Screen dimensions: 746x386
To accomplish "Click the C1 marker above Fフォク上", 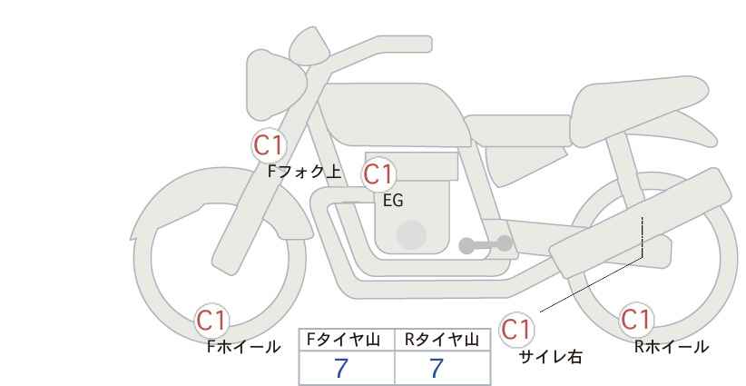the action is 269,145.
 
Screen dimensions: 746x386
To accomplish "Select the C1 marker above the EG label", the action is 378,174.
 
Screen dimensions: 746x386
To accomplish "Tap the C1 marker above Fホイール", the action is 211,321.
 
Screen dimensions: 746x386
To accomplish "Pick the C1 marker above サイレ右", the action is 516,329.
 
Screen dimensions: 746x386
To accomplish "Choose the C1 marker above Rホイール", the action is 636,320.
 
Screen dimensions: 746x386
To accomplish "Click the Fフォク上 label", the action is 305,172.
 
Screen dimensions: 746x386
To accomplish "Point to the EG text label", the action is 394,201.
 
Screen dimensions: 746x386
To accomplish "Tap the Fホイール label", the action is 243,347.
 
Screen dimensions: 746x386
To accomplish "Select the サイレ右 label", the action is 551,357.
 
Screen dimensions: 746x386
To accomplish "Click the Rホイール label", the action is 672,347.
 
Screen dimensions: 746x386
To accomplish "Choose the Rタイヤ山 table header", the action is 442,340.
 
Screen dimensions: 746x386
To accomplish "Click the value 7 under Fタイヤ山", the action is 341,369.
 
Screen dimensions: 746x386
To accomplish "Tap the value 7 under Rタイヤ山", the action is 437,369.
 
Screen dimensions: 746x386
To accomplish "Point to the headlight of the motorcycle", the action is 275,85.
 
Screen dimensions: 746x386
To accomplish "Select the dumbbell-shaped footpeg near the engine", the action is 486,244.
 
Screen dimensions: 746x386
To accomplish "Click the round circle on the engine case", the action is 411,234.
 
